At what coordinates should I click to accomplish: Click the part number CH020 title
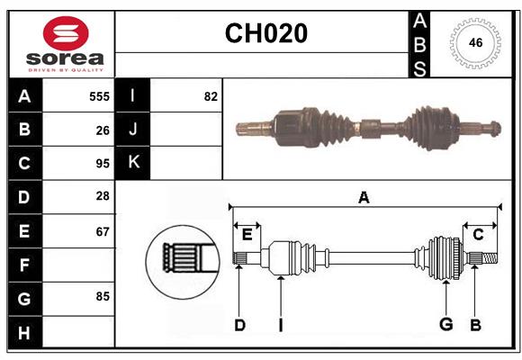pos(265,33)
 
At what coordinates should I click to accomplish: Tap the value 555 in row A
pos(99,95)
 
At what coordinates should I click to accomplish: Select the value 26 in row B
pos(102,130)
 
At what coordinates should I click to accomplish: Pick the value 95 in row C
pos(102,164)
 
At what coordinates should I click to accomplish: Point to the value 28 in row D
pos(102,196)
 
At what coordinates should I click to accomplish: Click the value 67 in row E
pos(102,230)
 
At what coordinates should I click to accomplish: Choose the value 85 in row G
pos(102,295)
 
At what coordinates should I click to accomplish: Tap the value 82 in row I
pos(211,95)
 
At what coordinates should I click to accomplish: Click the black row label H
pos(24,332)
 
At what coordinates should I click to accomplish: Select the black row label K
pos(133,163)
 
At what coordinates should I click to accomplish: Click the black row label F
pos(24,265)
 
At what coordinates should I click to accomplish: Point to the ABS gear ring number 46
pos(474,42)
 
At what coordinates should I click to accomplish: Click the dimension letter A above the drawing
pos(364,198)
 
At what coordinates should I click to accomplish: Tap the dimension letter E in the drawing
pos(247,235)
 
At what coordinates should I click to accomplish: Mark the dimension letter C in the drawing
pos(478,235)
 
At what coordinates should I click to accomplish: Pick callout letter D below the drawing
pos(239,325)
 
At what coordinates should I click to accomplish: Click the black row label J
pos(133,130)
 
